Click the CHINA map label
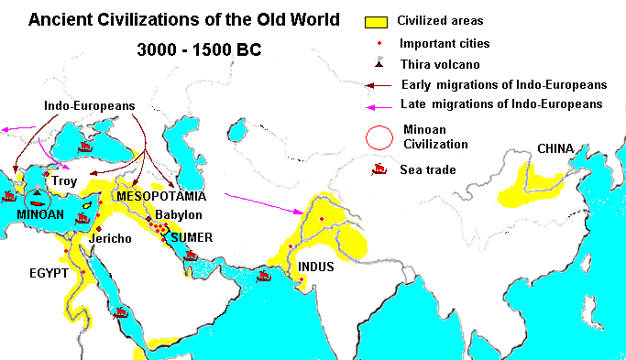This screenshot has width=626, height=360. click(555, 148)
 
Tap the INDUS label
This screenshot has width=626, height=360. click(316, 267)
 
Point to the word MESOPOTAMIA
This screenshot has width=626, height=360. click(160, 196)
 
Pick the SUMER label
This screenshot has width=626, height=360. click(192, 237)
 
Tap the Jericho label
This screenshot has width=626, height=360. click(111, 239)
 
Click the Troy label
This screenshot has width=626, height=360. click(64, 181)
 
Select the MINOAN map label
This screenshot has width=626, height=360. click(40, 214)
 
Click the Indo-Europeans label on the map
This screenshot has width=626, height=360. click(89, 106)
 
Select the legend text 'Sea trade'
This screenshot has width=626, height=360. click(426, 169)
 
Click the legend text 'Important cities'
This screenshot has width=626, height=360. click(445, 43)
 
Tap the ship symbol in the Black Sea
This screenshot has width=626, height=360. click(87, 146)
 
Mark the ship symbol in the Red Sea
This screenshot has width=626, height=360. click(120, 312)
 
